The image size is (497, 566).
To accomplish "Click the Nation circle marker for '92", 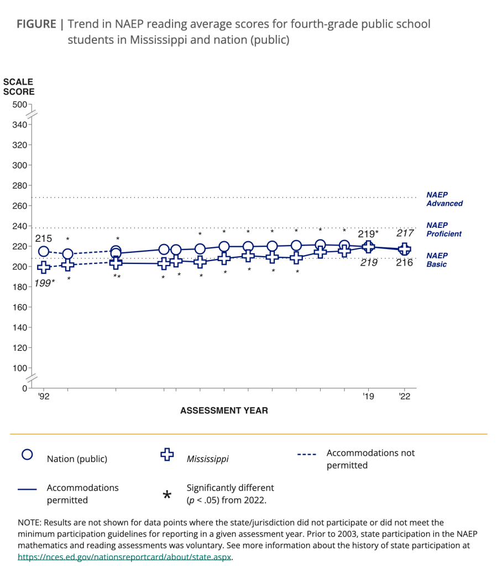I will [44, 252].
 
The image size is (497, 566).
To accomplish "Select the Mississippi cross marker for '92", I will [44, 268].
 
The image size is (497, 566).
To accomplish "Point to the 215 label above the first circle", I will [44, 238].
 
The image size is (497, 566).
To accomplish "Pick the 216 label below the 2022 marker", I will [405, 263].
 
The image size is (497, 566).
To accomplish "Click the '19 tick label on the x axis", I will [368, 396].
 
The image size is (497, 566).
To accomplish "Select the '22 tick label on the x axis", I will [405, 396].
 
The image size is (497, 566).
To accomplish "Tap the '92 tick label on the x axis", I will [44, 396].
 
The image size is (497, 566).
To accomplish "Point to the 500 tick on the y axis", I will [19, 105].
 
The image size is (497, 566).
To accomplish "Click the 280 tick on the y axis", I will [19, 185].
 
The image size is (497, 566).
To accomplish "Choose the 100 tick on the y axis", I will [19, 368].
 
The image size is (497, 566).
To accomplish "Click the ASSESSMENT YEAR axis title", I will [224, 411].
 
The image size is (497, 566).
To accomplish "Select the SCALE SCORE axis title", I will [19, 87].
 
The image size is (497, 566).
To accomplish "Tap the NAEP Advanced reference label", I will [444, 199].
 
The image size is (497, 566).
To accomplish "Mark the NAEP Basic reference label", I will [437, 260].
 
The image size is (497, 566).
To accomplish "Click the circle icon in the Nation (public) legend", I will [27, 455].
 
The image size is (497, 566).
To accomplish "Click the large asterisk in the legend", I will [167, 495].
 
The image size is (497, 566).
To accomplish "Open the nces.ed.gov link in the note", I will [124, 557].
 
